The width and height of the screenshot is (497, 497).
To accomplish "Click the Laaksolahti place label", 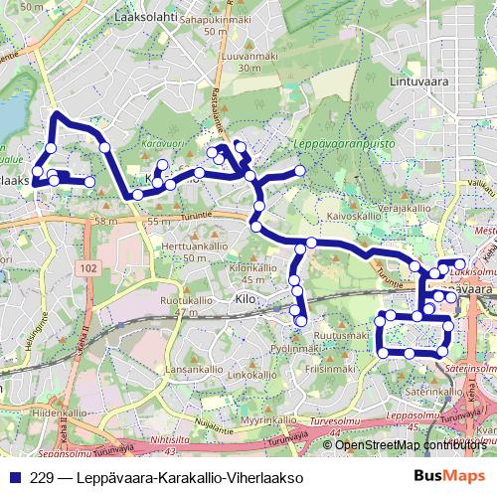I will pyautogui.click(x=146, y=18).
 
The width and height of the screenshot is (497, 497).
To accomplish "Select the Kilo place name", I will pyautogui.click(x=246, y=298).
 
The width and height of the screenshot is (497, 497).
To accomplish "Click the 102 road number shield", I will pyautogui.click(x=90, y=268).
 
